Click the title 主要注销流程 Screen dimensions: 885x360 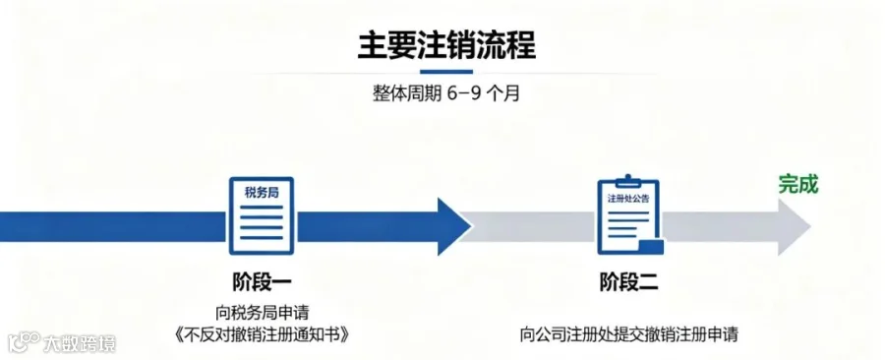click(446, 44)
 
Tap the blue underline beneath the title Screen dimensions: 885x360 click(446, 72)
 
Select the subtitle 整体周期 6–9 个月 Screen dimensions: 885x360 click(445, 93)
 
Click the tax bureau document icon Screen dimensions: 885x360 click(262, 215)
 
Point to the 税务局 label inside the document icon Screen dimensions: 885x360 click(262, 193)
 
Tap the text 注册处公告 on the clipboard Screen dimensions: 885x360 click(628, 200)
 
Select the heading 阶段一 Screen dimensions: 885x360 click(262, 281)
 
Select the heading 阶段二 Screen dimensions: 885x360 click(628, 281)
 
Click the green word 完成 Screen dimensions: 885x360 click(798, 185)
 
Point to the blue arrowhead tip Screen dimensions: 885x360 click(471, 226)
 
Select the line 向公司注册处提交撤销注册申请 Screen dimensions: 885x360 click(628, 334)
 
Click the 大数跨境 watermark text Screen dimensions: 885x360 click(79, 343)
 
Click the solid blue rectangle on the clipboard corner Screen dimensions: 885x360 click(650, 247)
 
